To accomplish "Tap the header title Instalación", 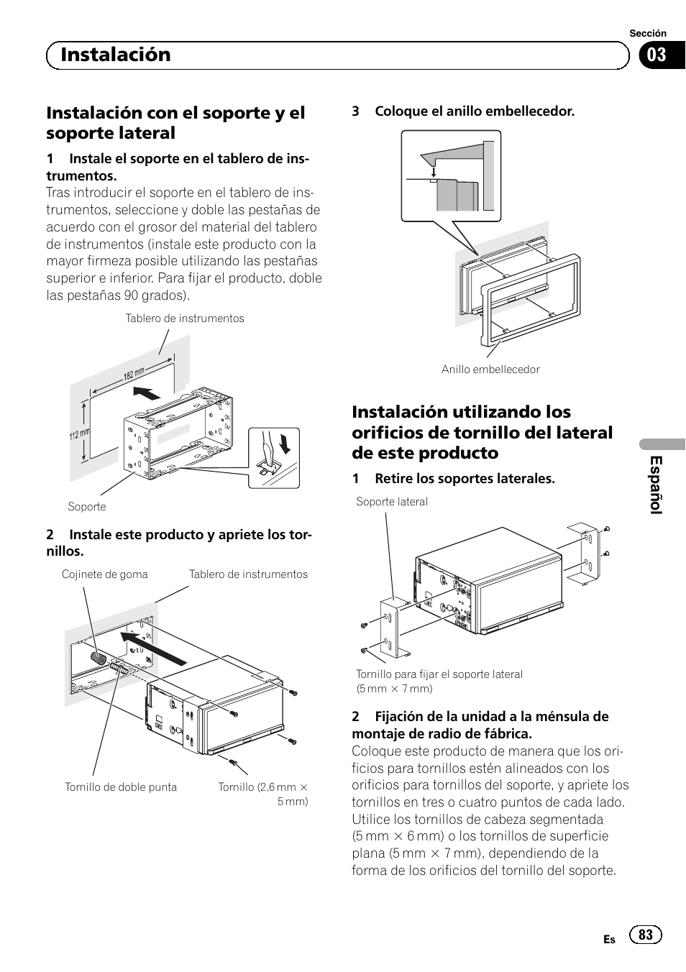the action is pyautogui.click(x=116, y=55).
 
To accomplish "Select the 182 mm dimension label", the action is pyautogui.click(x=134, y=373).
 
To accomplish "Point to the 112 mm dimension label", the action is pyautogui.click(x=79, y=434).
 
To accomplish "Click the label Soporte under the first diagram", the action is pyautogui.click(x=87, y=506).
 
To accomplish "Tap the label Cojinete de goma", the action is pyautogui.click(x=104, y=574).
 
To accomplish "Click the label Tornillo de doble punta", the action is pyautogui.click(x=121, y=787).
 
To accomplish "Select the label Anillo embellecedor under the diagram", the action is pyautogui.click(x=490, y=370).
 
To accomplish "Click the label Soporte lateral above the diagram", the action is pyautogui.click(x=392, y=502).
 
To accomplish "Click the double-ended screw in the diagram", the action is pyautogui.click(x=119, y=668).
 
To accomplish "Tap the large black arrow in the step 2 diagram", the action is pyautogui.click(x=153, y=648).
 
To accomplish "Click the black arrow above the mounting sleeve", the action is pyautogui.click(x=147, y=393).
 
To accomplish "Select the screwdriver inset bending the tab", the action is pyautogui.click(x=274, y=458).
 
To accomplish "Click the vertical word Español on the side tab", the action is pyautogui.click(x=656, y=485).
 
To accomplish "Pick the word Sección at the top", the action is pyautogui.click(x=648, y=33).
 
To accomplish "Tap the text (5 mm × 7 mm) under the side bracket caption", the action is pyautogui.click(x=394, y=689).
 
